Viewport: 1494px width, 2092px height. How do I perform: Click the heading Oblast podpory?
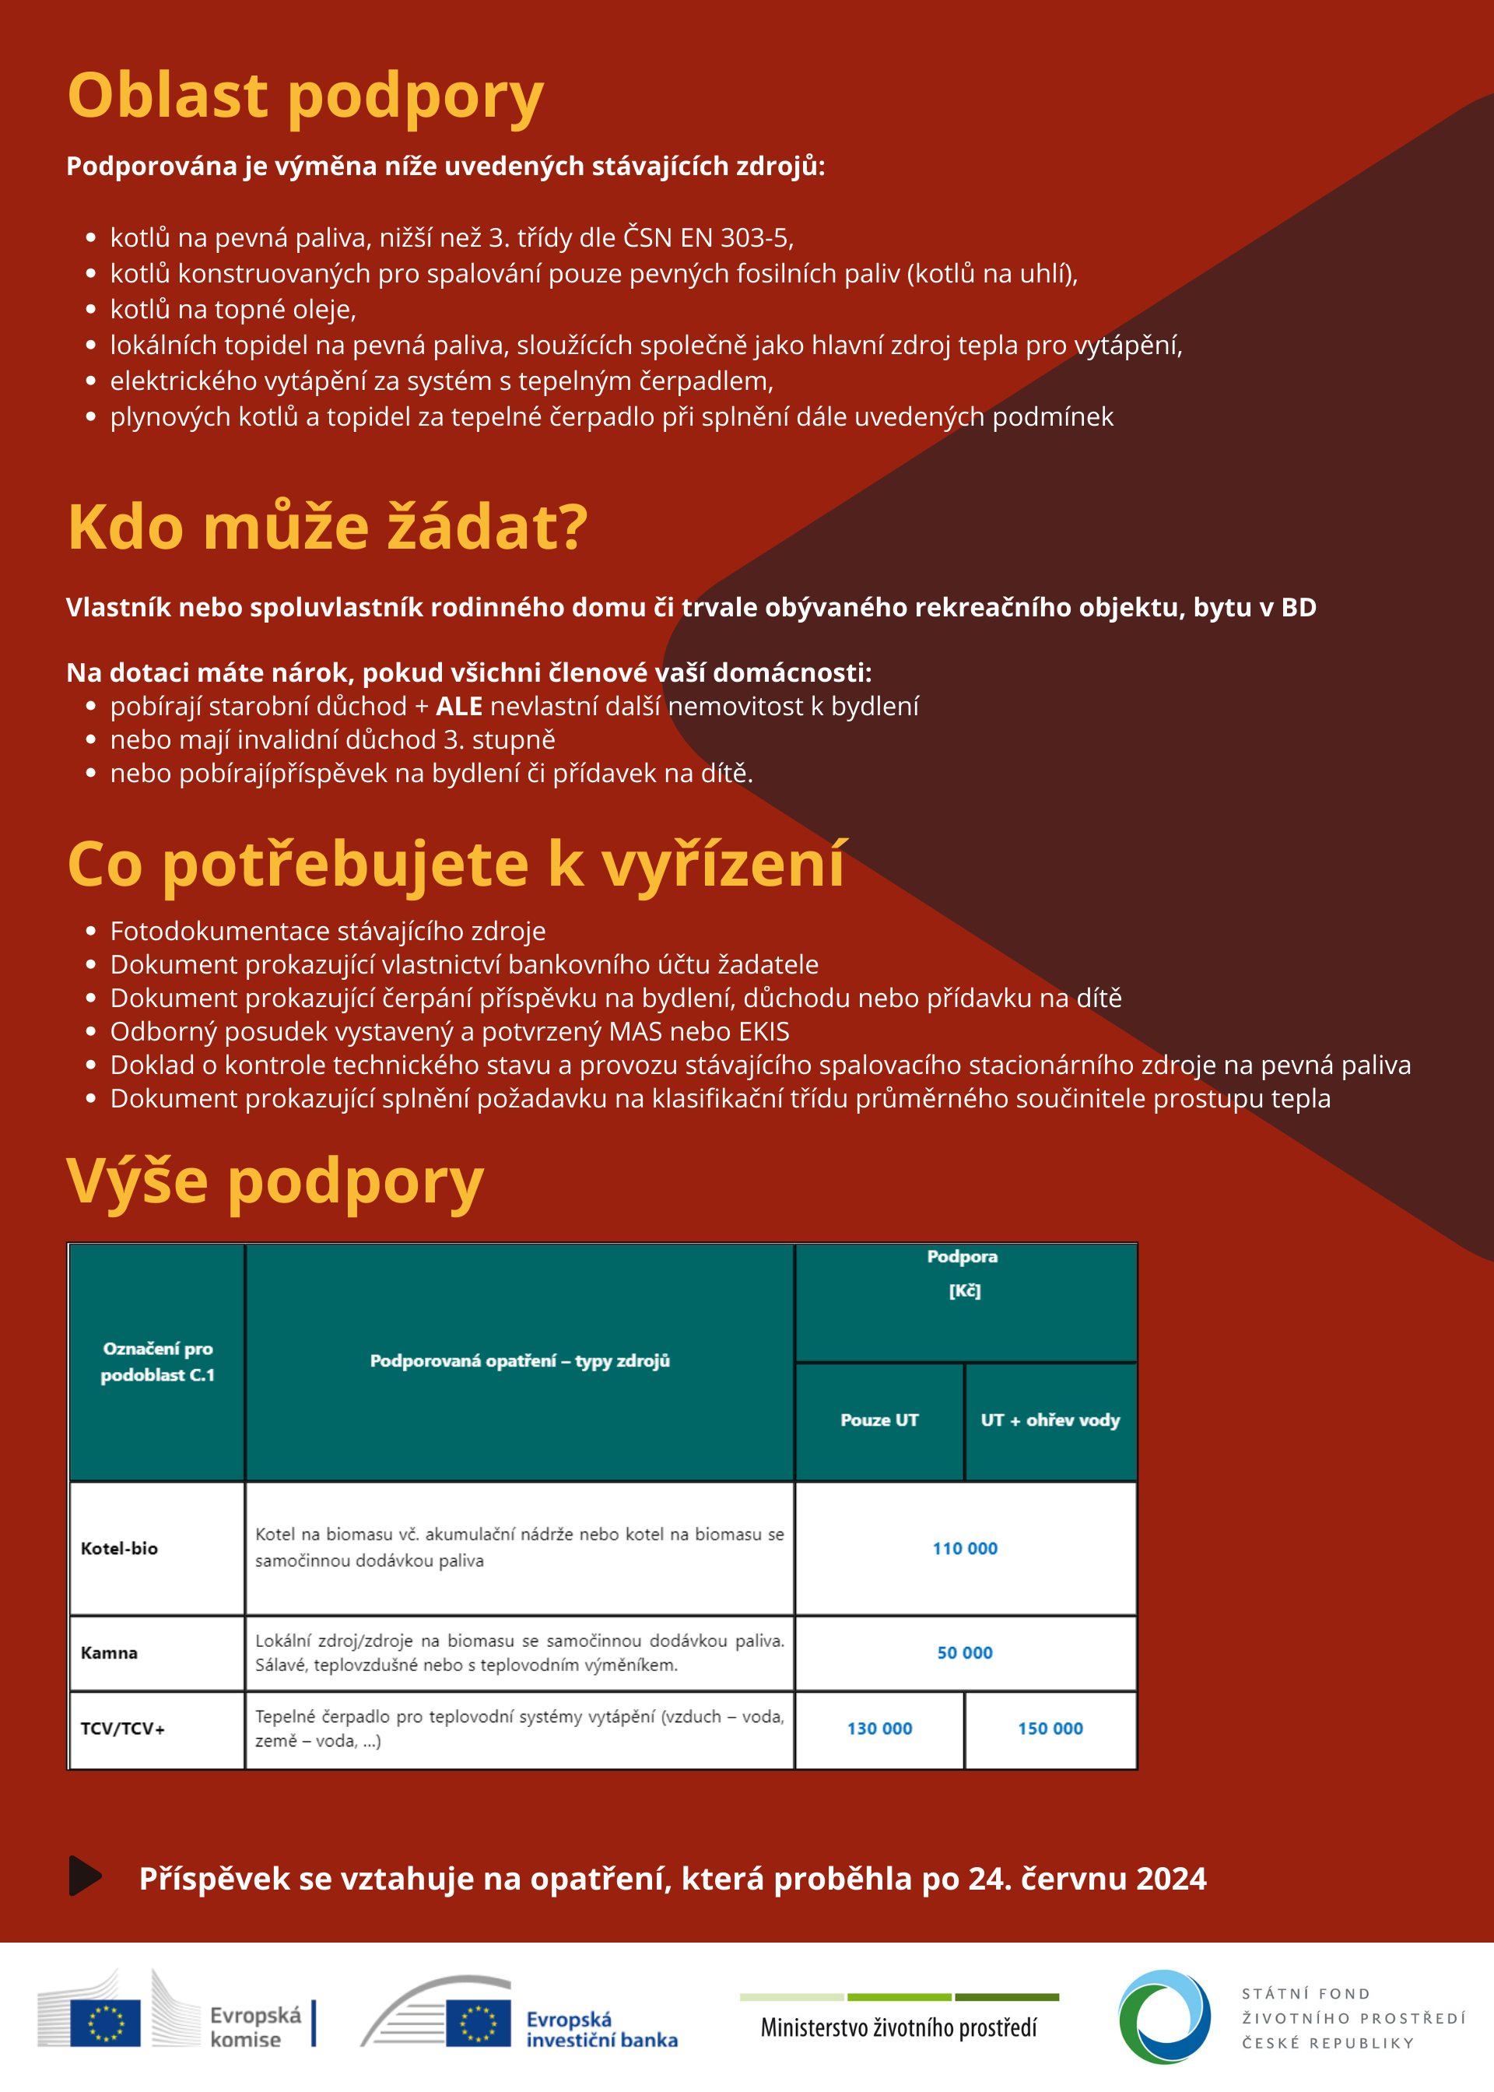(x=306, y=96)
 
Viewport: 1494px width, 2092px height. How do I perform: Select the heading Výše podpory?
(x=275, y=1181)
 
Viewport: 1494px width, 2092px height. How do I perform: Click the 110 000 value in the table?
(x=964, y=1548)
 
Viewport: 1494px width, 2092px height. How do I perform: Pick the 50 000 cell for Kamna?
(x=964, y=1652)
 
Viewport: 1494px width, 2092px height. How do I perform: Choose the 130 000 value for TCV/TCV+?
(x=879, y=1729)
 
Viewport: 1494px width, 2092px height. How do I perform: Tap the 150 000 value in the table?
(x=1050, y=1729)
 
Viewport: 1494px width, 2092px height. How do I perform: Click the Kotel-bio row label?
(x=120, y=1548)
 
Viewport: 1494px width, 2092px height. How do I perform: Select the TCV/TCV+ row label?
(x=122, y=1729)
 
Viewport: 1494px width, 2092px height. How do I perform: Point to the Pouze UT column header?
(x=879, y=1420)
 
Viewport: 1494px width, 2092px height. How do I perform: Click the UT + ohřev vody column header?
(x=1050, y=1420)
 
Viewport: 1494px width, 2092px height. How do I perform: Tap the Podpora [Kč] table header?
(x=963, y=1273)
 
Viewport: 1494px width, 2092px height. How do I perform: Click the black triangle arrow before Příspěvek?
(x=85, y=1875)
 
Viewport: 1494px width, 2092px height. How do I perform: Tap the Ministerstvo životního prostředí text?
(x=898, y=2027)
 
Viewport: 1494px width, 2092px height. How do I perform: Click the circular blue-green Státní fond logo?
(x=1164, y=2017)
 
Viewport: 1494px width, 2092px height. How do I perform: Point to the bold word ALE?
(x=459, y=707)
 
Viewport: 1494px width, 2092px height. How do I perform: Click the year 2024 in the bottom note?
(x=1171, y=1879)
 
